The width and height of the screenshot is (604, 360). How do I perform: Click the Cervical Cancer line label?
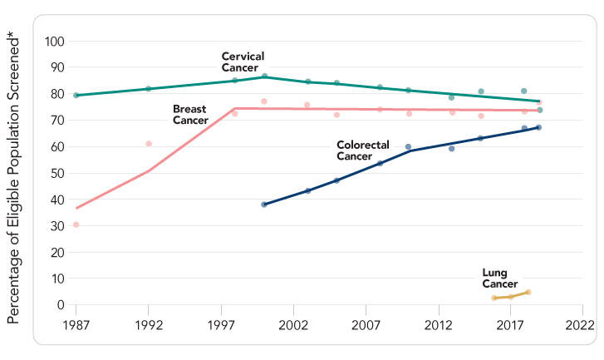(243, 62)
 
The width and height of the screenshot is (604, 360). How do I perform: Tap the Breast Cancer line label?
(190, 115)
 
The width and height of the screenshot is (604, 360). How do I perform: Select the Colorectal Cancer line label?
(363, 150)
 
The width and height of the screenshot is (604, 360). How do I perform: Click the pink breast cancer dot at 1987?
(76, 224)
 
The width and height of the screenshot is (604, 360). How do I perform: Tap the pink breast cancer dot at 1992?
(149, 144)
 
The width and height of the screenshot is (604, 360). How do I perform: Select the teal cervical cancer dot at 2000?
(264, 76)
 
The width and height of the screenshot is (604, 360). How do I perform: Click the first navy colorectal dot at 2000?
(264, 205)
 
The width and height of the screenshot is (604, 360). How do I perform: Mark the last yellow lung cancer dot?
(528, 292)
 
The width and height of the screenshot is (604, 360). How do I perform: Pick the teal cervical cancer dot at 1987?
(76, 96)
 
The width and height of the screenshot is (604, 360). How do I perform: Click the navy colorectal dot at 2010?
(408, 147)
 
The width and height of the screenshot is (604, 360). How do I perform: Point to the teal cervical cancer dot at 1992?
(149, 89)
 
